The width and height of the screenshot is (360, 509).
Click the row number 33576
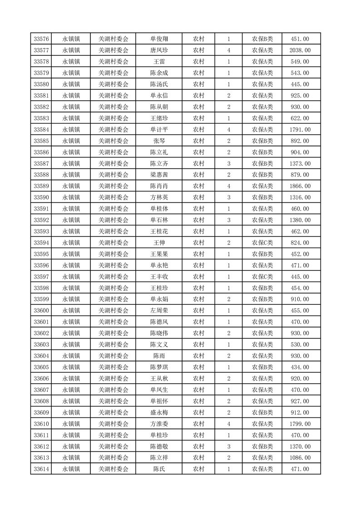point(41,39)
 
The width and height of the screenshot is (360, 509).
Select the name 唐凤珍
point(159,50)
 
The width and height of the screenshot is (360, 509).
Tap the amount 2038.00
point(300,50)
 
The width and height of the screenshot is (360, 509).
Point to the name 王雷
point(159,62)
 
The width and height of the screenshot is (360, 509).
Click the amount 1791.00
point(300,130)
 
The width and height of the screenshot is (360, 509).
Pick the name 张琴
point(159,141)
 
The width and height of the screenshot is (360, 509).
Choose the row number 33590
point(41,197)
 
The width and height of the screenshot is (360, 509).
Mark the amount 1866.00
point(300,186)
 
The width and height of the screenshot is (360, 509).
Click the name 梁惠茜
point(159,175)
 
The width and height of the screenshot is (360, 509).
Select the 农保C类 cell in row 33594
point(262,243)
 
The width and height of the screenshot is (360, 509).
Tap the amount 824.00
point(300,243)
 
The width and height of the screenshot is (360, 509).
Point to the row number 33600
point(41,310)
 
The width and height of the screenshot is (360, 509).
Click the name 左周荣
point(159,310)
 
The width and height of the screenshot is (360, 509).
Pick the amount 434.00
point(300,367)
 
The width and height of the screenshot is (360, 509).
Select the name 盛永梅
point(159,412)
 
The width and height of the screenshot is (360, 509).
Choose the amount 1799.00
point(300,424)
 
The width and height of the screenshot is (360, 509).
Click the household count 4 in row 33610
point(228,424)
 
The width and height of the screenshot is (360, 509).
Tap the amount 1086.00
point(300,458)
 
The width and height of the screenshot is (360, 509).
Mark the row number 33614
point(41,469)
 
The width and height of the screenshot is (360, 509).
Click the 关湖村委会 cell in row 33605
point(113,367)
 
